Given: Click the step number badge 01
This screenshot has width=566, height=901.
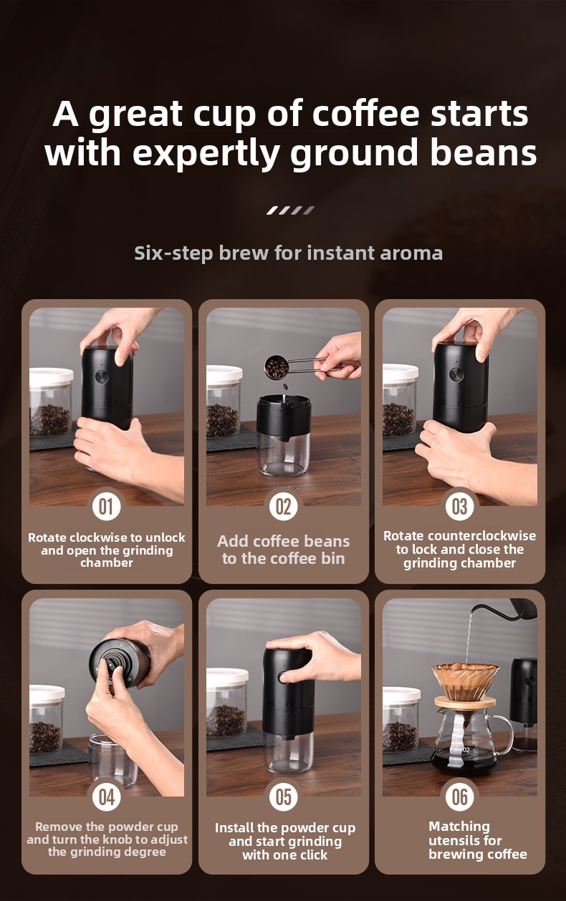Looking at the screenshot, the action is point(106,506).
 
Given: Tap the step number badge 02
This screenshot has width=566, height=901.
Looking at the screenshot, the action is point(284,506).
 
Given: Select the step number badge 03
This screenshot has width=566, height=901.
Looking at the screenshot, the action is point(460,506).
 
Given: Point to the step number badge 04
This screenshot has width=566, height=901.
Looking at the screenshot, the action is point(106,797).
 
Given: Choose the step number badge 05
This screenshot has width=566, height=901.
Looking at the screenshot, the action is point(284,797).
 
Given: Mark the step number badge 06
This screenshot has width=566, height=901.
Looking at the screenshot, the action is point(460,797).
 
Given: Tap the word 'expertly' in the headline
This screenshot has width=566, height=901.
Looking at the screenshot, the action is point(206,154).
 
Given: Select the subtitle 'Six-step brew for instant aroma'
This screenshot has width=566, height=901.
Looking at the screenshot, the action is point(288,253).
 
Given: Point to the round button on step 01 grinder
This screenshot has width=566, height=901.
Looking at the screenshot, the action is point(102,377).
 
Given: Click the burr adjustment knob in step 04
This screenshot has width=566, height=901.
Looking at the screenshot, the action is point(112,663).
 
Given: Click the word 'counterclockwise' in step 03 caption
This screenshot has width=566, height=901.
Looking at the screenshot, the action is point(482,536).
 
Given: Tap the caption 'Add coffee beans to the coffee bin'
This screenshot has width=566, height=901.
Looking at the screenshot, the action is point(284,550).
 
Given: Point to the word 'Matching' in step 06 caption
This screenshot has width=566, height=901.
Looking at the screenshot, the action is point(459,826).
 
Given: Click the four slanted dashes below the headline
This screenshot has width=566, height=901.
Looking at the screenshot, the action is point(290,210).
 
